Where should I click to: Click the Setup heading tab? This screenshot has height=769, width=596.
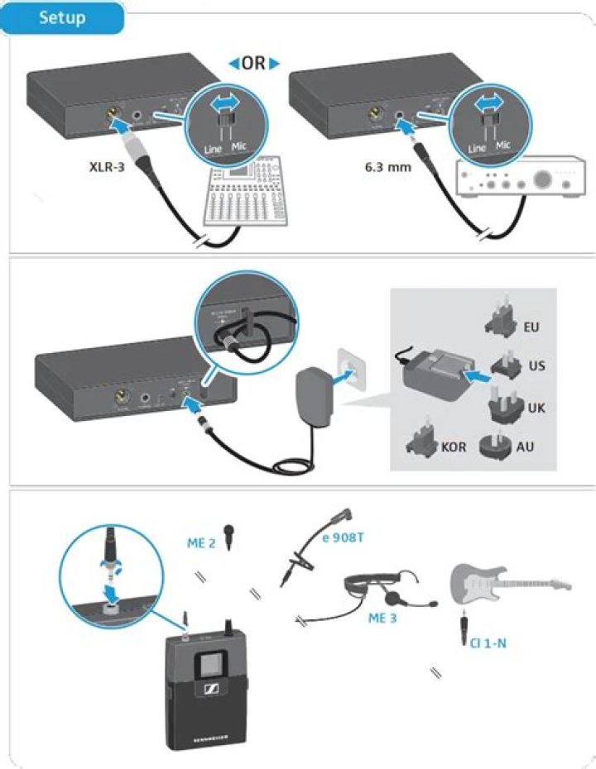click(x=62, y=17)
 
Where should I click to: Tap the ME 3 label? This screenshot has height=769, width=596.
click(x=383, y=617)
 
